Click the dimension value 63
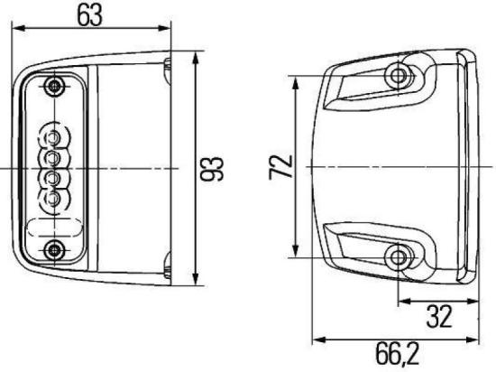pyautogui.click(x=90, y=15)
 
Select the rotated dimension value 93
pyautogui.click(x=216, y=167)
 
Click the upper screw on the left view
pyautogui.click(x=56, y=87)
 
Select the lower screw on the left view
pyautogui.click(x=56, y=248)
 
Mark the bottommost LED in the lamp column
pyautogui.click(x=53, y=198)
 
